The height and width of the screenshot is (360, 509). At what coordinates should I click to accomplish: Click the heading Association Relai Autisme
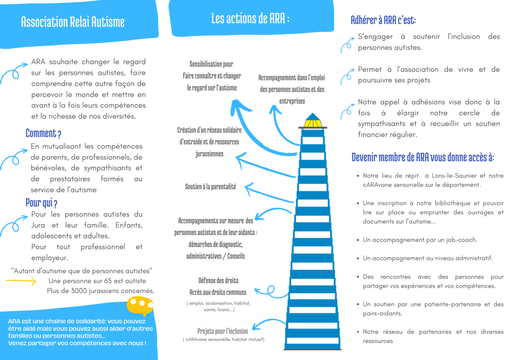73,22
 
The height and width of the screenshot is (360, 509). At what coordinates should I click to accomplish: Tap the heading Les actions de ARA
251,18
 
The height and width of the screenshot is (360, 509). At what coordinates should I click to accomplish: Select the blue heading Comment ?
43,133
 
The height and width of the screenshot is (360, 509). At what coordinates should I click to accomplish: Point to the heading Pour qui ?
41,203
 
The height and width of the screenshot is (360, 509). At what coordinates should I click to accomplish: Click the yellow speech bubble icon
140,306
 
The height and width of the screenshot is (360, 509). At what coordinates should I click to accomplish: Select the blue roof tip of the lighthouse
313,113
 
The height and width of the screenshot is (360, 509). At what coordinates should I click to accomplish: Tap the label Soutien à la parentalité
211,187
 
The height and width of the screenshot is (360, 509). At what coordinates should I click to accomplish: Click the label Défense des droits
219,281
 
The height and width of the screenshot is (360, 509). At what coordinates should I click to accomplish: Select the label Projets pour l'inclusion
223,331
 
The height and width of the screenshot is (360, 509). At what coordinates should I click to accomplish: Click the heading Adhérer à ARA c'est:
383,20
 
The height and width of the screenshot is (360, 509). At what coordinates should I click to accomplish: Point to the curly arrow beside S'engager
347,45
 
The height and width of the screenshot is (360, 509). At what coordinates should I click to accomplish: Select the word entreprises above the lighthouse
292,101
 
